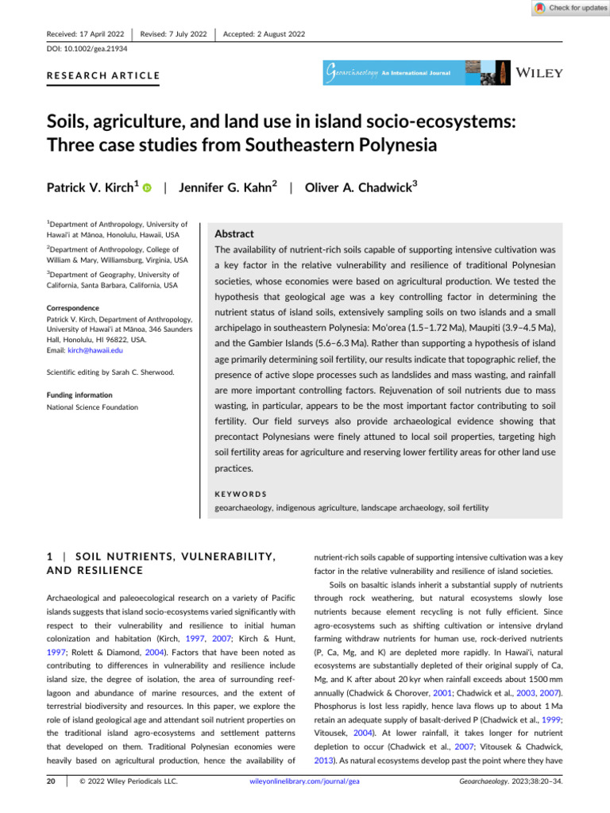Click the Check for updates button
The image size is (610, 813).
coord(569,8)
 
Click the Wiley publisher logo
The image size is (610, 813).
coord(539,73)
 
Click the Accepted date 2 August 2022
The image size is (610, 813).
coord(264,33)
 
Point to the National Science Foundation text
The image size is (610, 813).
coord(92,406)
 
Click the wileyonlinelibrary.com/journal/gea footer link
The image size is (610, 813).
coord(304,803)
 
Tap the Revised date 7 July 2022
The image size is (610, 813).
coord(173,33)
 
